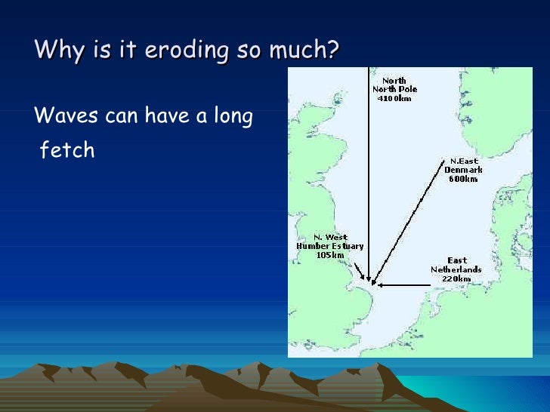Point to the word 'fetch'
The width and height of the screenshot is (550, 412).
[67, 150]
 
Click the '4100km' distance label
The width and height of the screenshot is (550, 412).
[394, 99]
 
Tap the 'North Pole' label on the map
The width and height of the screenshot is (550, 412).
[394, 90]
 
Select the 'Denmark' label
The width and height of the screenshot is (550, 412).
[463, 170]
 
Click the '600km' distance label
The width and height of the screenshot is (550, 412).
[463, 179]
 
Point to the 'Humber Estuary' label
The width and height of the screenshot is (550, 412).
[330, 246]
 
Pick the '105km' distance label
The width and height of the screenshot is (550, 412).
[330, 255]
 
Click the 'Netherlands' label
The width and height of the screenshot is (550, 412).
[456, 269]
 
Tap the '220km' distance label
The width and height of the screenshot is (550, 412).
[456, 278]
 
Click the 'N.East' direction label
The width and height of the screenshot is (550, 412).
[463, 161]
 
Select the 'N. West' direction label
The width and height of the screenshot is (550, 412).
[330, 237]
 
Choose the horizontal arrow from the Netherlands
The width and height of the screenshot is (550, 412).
[404, 285]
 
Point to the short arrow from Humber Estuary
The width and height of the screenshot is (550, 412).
[360, 268]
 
